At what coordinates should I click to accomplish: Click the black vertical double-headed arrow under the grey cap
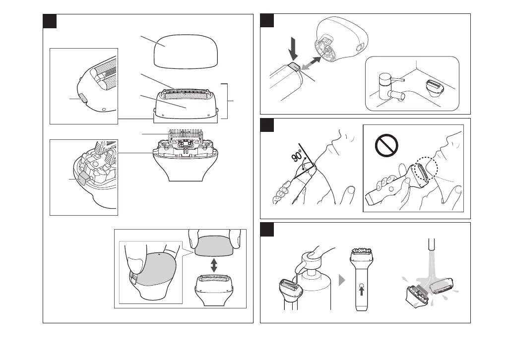214,264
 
